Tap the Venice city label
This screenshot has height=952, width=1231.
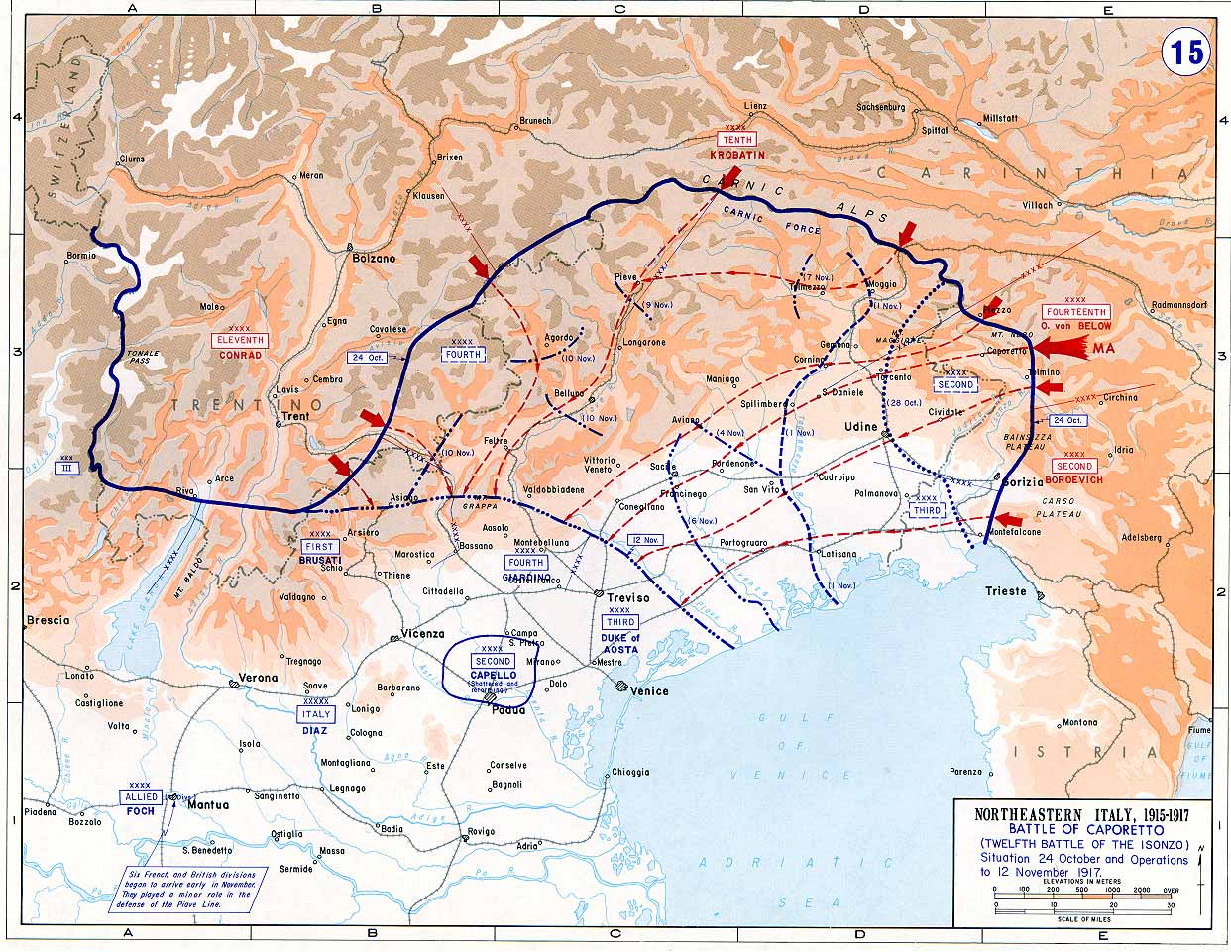click(649, 690)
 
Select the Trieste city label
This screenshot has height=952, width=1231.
click(1007, 591)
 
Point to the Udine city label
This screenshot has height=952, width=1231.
click(861, 426)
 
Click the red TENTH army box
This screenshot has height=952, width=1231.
click(737, 140)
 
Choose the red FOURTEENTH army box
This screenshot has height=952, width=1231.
click(1074, 311)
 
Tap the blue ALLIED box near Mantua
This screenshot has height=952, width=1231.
click(140, 796)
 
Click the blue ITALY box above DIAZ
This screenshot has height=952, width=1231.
click(316, 713)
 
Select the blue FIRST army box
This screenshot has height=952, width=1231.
click(319, 546)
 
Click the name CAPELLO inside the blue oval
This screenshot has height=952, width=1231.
click(493, 675)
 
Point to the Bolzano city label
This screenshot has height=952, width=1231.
click(374, 258)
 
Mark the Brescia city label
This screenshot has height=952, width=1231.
click(49, 620)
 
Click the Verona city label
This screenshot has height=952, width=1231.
click(260, 680)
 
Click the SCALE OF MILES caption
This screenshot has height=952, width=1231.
click(1084, 919)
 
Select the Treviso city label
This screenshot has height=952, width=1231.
click(628, 598)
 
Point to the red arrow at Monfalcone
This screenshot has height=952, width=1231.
click(1008, 520)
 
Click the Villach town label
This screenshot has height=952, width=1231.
click(1038, 205)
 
